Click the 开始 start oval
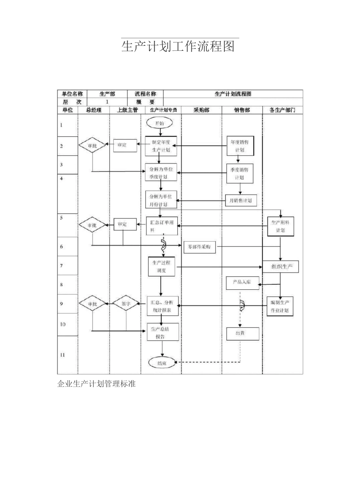160,123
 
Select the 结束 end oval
162,363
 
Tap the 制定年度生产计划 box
161,146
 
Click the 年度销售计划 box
240,146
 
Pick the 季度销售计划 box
239,174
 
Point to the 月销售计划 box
241,200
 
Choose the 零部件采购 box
199,247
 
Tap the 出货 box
243,333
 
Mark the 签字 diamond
126,304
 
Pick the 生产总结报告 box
163,333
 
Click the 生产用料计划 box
280,226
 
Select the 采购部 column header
202,110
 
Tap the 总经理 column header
94,110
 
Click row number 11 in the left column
63,355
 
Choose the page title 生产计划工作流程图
178,46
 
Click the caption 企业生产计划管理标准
96,384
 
